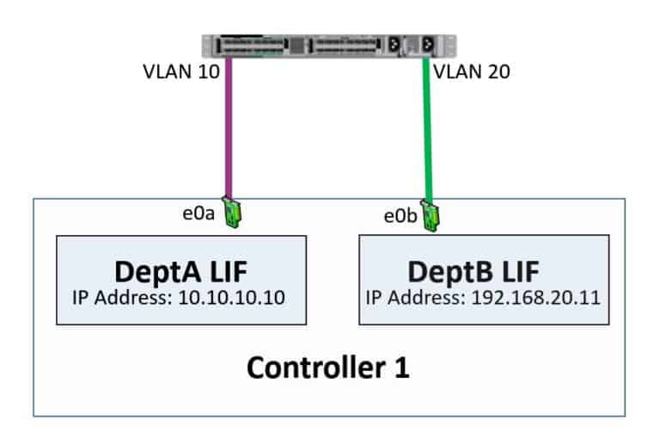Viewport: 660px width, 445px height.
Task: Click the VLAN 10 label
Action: point(181,71)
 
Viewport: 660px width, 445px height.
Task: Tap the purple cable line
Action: point(229,129)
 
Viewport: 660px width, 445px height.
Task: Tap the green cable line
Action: point(427,129)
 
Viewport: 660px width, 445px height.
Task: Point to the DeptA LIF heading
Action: point(180,271)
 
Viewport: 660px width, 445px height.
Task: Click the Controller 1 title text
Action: point(327,368)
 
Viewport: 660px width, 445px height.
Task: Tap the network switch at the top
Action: point(328,46)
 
